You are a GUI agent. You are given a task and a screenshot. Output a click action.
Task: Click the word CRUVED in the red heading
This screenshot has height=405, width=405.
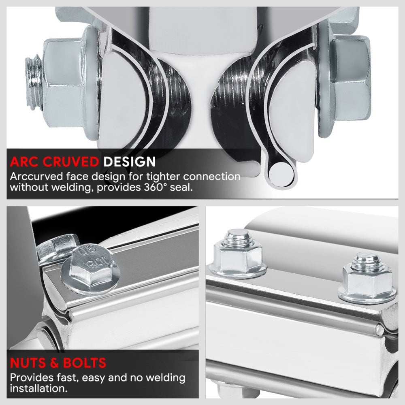(x=70, y=162)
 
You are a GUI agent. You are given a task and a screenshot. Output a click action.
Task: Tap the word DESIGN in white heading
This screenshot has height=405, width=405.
(x=130, y=162)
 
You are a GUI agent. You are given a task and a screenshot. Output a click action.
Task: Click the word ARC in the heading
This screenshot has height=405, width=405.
(x=25, y=162)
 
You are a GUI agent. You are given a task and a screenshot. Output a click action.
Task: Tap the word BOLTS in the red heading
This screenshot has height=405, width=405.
(x=85, y=363)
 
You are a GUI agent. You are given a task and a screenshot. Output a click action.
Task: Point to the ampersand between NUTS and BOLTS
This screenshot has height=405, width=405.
(x=55, y=363)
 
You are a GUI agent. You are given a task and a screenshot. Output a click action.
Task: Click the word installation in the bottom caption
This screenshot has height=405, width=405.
(x=39, y=388)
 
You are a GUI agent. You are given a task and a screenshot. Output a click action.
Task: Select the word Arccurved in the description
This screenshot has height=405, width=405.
(x=36, y=177)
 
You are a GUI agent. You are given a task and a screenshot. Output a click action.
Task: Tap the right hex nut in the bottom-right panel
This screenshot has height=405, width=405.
(x=367, y=279)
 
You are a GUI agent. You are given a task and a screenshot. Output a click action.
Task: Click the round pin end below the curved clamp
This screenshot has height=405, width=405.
(x=281, y=173)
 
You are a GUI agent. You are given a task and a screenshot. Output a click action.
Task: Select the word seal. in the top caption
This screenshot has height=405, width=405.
(x=181, y=187)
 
